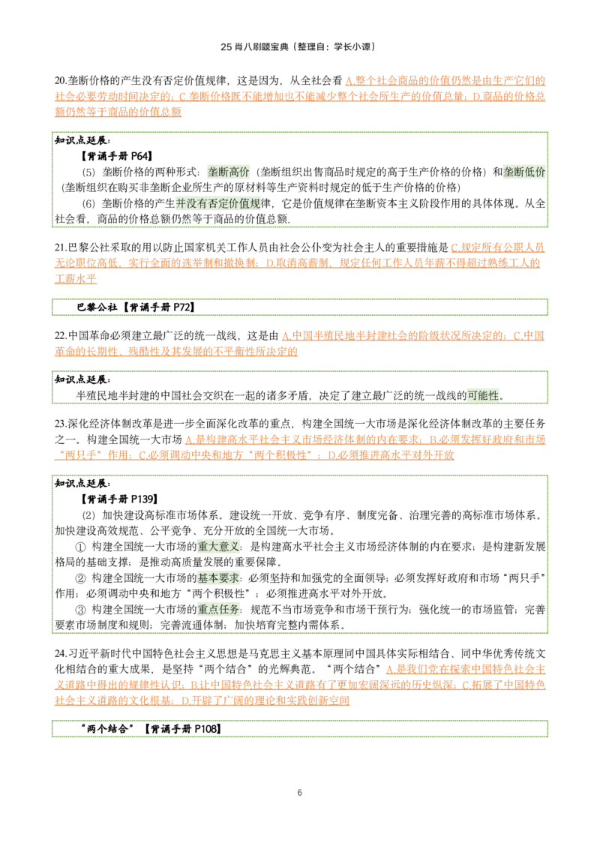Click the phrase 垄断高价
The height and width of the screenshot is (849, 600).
coord(228,172)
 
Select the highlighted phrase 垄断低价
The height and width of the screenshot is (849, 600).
coord(523,172)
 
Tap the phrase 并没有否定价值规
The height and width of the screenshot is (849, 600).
coord(218,203)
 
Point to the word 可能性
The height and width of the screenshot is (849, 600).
coord(483,395)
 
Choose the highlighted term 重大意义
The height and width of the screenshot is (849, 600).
coord(218,547)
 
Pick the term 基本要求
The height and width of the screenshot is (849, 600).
coord(218,578)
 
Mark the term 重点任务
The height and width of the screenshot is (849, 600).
coord(218,610)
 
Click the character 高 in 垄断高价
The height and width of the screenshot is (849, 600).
coord(233,172)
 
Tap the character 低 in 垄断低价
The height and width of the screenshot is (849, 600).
coord(529,172)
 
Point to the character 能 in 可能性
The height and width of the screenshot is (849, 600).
coord(483,395)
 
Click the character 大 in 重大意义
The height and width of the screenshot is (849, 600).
coord(213,547)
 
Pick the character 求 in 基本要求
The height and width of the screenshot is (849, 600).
coord(234,578)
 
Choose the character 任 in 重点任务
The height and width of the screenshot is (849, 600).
coord(223,610)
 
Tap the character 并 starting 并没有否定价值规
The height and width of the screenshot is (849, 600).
coord(180,203)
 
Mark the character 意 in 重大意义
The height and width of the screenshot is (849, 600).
coord(223,547)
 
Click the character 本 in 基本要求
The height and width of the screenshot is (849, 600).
coord(213,578)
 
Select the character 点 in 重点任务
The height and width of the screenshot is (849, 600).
coord(213,610)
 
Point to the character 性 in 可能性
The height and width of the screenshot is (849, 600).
coord(493,395)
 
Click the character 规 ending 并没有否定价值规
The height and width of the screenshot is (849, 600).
coord(256,203)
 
